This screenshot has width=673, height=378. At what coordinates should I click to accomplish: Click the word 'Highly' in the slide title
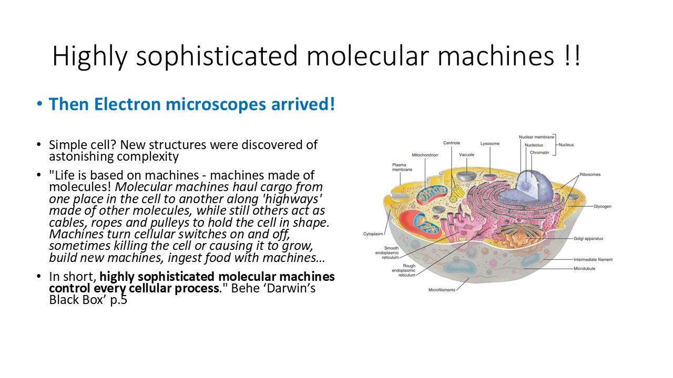[90, 57]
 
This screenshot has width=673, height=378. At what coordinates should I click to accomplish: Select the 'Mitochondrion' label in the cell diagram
[425, 155]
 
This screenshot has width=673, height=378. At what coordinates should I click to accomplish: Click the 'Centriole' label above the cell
[452, 143]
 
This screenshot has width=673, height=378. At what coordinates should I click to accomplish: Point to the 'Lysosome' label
[490, 144]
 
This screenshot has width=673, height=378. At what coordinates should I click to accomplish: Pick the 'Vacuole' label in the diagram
[466, 155]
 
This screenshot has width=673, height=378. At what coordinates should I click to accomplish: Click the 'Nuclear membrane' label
[536, 137]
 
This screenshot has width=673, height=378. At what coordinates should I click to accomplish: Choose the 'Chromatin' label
[539, 152]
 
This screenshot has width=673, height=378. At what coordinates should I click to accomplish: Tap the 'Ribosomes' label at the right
[590, 174]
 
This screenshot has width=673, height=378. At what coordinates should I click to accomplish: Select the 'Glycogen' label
[603, 206]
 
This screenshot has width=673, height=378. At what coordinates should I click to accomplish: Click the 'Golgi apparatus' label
[588, 238]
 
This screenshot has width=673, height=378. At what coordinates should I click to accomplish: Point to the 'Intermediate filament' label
[593, 259]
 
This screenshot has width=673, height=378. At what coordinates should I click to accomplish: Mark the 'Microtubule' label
[584, 268]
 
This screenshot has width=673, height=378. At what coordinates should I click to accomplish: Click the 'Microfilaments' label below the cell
[442, 290]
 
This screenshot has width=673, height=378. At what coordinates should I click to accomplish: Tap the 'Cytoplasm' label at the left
[373, 234]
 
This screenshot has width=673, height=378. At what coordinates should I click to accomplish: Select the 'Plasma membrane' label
[402, 167]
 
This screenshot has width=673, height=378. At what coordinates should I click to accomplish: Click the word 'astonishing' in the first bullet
[81, 156]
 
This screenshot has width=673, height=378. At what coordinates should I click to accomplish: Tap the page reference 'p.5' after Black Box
[119, 300]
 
